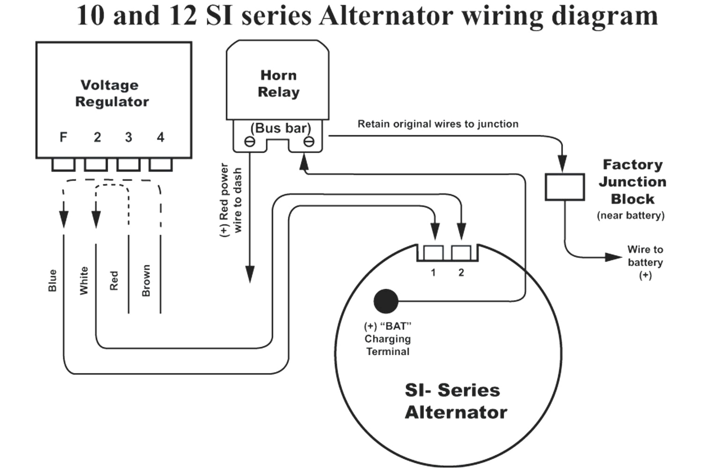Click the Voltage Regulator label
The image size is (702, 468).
pos(112,93)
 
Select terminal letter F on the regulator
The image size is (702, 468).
pos(63,137)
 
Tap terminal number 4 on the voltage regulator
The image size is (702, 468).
pos(161,137)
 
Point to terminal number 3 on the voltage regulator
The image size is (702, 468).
pos(128,137)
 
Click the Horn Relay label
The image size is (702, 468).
pos(278,84)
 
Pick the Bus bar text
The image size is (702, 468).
pos(280,128)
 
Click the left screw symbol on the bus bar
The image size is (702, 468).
pos(250,142)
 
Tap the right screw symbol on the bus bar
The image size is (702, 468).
pos(308,142)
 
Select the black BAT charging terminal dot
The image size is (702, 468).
pos(386,301)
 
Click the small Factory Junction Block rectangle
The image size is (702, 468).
pos(564,187)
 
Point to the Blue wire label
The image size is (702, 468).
pos(52,280)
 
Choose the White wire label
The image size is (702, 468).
pos(84,280)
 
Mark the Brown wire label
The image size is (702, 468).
pos(146,280)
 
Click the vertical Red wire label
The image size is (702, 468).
pos(114,280)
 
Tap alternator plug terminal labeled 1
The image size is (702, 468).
pos(433,253)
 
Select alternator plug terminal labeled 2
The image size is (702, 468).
pos(461,253)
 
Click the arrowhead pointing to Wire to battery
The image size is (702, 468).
pos(613,257)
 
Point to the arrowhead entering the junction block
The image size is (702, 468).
pos(563,163)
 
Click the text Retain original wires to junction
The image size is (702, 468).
pos(438,124)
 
